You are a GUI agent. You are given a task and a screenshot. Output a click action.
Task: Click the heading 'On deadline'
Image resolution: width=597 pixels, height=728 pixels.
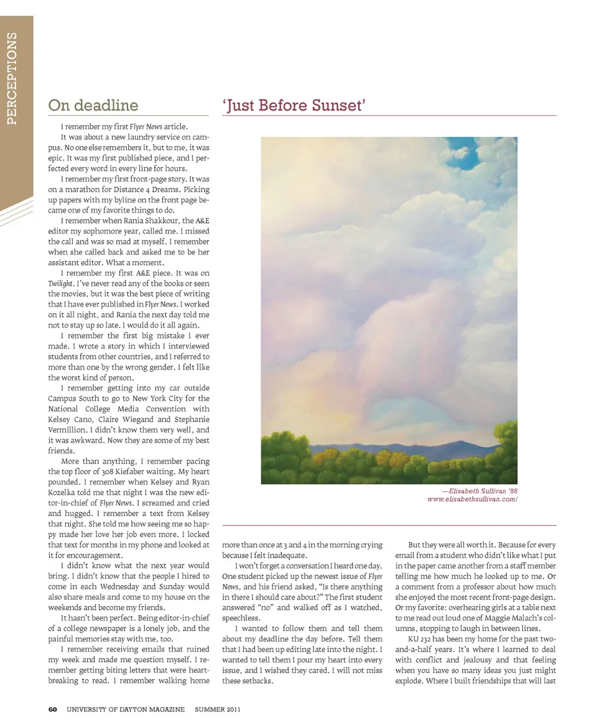[x=93, y=105]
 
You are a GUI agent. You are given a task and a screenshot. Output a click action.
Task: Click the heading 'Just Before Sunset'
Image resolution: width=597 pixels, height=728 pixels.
[x=294, y=105]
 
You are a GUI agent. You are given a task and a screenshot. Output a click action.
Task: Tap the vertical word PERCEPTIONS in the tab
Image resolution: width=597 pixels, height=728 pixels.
[x=12, y=78]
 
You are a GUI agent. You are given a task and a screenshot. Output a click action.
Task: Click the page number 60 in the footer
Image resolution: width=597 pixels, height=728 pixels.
[x=53, y=709]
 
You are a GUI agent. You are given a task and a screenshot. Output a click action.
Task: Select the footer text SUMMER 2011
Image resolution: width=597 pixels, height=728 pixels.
[x=218, y=709]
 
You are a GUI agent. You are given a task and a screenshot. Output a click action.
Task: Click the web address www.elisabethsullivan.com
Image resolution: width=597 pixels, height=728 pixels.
[x=472, y=499]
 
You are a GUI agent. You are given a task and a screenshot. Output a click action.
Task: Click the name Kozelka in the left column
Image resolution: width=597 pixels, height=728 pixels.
[x=65, y=492]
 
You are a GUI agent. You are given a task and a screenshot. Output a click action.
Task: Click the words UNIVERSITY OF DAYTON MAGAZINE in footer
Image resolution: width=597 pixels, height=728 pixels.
[x=126, y=709]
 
